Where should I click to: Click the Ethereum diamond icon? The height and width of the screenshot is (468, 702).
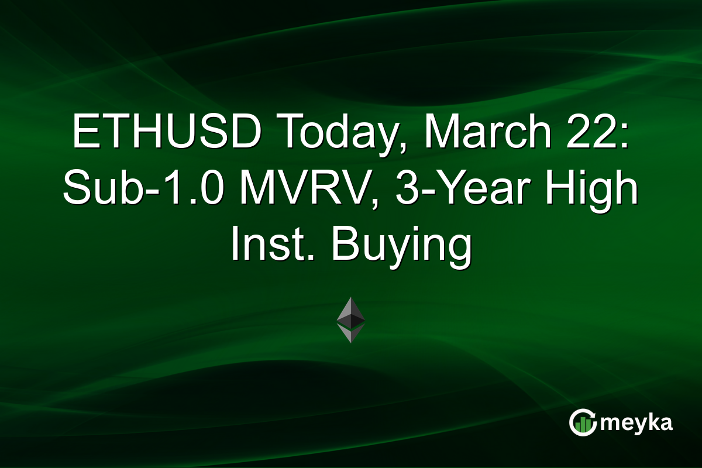351,319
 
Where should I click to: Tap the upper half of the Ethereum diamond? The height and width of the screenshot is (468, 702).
351,310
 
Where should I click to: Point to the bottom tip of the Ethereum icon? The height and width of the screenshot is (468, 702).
351,342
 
